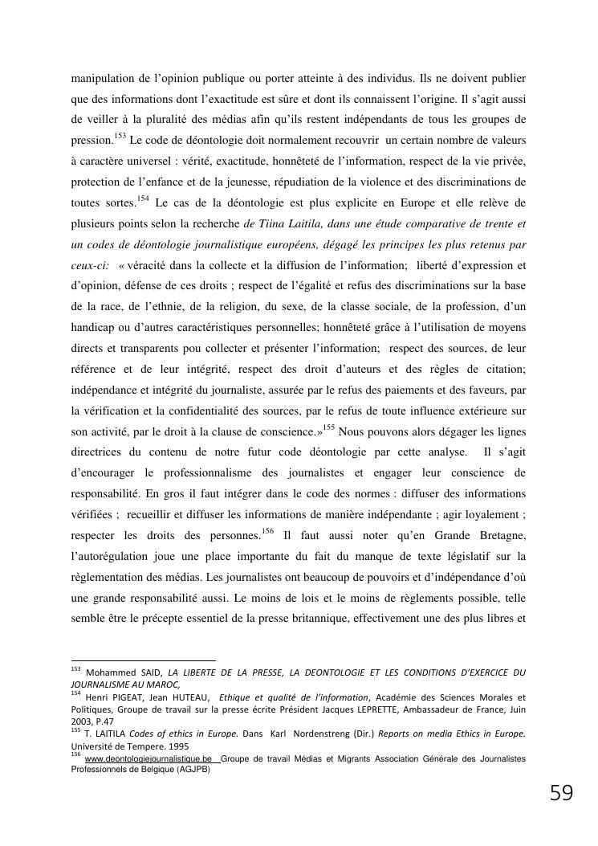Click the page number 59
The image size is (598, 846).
pos(561,794)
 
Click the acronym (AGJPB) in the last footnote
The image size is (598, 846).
pos(186,769)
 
